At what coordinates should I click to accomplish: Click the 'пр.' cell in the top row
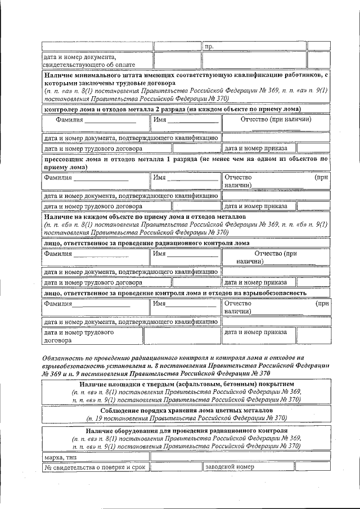click(209, 46)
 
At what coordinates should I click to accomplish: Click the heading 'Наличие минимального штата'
click(185, 74)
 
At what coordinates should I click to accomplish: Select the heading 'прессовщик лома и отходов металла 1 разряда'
click(185, 159)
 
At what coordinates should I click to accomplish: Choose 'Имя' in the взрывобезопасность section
click(184, 304)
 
